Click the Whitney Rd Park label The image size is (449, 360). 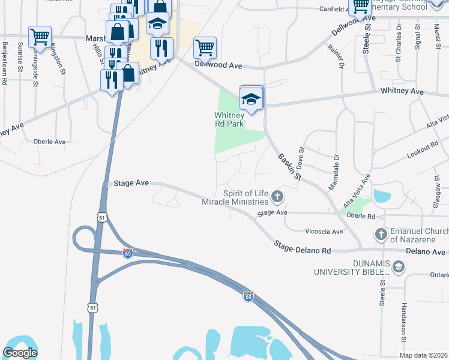point(228,120)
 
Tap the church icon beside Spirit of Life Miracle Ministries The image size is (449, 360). point(277,196)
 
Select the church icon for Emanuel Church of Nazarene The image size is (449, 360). point(380,233)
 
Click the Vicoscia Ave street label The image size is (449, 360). point(324,231)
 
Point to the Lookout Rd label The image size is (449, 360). point(423,149)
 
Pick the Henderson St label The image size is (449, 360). point(403,324)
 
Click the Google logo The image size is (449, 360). point(20,353)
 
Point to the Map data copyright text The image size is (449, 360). point(424,355)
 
